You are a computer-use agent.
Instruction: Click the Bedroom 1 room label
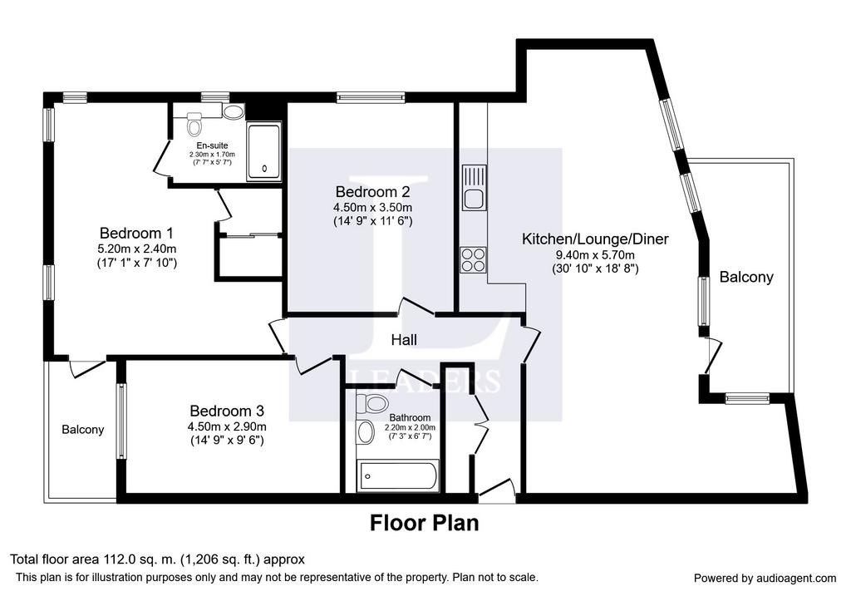(x=137, y=234)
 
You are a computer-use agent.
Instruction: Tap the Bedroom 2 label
(x=372, y=192)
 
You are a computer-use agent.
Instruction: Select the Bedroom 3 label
(x=227, y=411)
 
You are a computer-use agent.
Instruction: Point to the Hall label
(x=405, y=340)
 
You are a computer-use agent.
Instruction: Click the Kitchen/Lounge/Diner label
(x=595, y=239)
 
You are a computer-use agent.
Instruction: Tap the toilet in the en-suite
(x=194, y=125)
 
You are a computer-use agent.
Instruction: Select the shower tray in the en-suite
(x=263, y=151)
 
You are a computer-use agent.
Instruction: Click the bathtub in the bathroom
(x=398, y=476)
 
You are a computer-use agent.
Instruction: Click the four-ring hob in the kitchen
(x=473, y=260)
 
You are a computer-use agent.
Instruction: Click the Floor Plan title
(x=425, y=523)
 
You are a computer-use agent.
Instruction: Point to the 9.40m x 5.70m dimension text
(x=595, y=255)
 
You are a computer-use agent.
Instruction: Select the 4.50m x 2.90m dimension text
(x=227, y=426)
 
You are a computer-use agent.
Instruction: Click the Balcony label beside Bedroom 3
(x=82, y=430)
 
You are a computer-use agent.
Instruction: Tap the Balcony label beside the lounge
(x=746, y=278)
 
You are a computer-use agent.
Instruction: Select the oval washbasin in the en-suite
(x=234, y=112)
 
